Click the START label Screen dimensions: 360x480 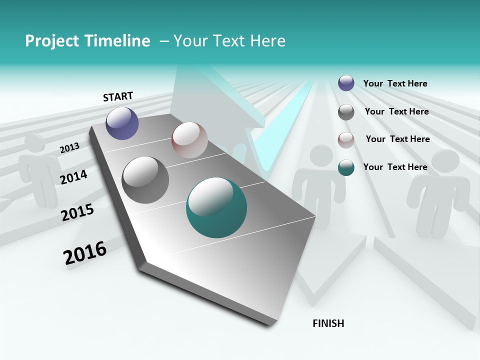tap(118, 96)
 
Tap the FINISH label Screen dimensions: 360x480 tap(328, 323)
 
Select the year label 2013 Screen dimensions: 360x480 tap(69, 147)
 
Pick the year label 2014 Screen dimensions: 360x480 tap(73, 177)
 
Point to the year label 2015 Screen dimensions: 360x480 tap(77, 212)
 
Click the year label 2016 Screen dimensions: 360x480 tap(85, 253)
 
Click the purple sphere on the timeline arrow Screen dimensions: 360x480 tap(122, 123)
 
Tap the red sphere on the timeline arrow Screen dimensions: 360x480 tap(189, 140)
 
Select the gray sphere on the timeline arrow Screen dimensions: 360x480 tap(145, 180)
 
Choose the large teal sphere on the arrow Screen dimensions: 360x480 tap(216, 207)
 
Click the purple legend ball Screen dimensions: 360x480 tap(346, 83)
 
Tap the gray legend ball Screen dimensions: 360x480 tap(346, 112)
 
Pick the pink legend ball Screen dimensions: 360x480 tap(346, 139)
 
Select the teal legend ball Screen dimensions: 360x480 tap(346, 167)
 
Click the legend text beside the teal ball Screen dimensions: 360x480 tap(395, 167)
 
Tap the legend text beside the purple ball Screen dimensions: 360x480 tap(395, 83)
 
